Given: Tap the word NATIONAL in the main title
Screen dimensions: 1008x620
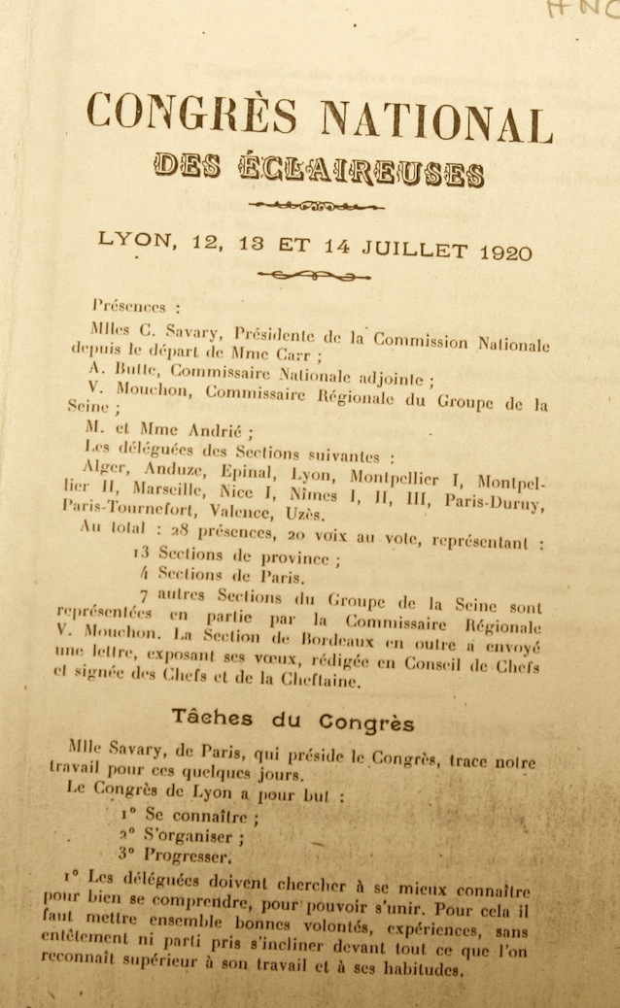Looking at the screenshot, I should (x=436, y=121).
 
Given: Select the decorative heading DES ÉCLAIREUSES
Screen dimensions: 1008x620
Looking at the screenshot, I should (x=319, y=169).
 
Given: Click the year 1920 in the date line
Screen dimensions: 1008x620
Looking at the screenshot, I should (x=505, y=252).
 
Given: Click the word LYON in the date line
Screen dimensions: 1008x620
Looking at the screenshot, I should (x=132, y=237).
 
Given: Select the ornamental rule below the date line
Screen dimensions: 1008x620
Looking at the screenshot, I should (x=313, y=277).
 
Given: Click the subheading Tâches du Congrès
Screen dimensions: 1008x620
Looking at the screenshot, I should (x=293, y=721).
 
